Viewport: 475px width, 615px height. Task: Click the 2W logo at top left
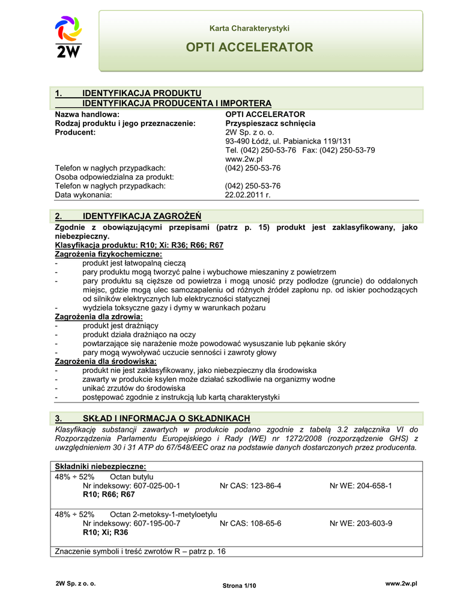pyautogui.click(x=68, y=38)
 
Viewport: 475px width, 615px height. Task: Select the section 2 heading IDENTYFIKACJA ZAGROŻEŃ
pyautogui.click(x=142, y=216)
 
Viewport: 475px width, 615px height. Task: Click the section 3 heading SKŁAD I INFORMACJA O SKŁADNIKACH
pyautogui.click(x=166, y=419)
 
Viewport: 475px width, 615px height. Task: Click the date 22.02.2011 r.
pyautogui.click(x=248, y=195)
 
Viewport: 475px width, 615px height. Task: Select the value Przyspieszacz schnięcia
pyautogui.click(x=270, y=123)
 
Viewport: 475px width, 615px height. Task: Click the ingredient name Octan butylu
pyautogui.click(x=132, y=476)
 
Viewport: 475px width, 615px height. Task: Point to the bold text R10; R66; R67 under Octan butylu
pyautogui.click(x=109, y=494)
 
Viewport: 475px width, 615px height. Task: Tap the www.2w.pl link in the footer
pyautogui.click(x=401, y=584)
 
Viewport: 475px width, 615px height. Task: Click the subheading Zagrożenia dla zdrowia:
pyautogui.click(x=99, y=317)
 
